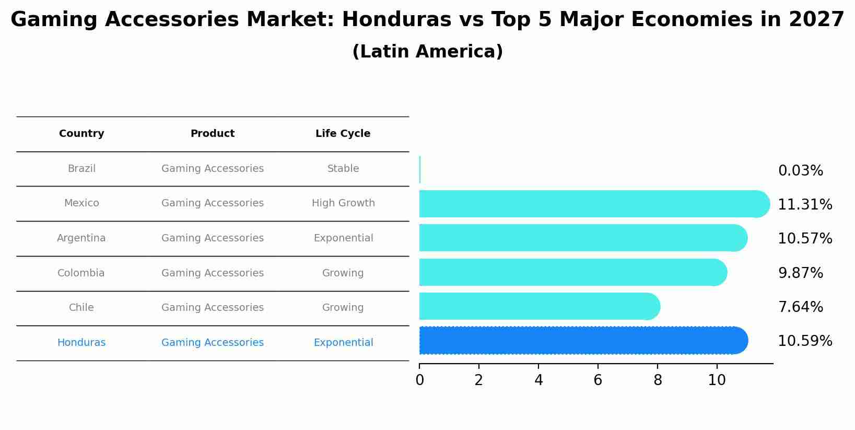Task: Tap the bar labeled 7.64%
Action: [x=538, y=306]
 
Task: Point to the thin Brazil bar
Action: [x=420, y=169]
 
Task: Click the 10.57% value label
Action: [x=804, y=239]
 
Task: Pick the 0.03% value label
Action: [x=800, y=171]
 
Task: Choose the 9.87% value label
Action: [x=800, y=273]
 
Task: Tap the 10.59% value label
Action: [x=804, y=341]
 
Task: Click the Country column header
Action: [x=81, y=134]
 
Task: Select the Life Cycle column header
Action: [x=343, y=134]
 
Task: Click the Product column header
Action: [x=212, y=134]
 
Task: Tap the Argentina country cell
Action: [x=81, y=238]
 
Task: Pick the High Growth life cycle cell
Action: [x=343, y=203]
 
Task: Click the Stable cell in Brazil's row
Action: [x=343, y=169]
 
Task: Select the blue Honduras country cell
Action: [x=81, y=343]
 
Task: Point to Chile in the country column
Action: [x=81, y=308]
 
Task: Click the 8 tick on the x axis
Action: [x=657, y=380]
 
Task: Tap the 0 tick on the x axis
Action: [x=419, y=380]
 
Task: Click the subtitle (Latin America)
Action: [x=427, y=52]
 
